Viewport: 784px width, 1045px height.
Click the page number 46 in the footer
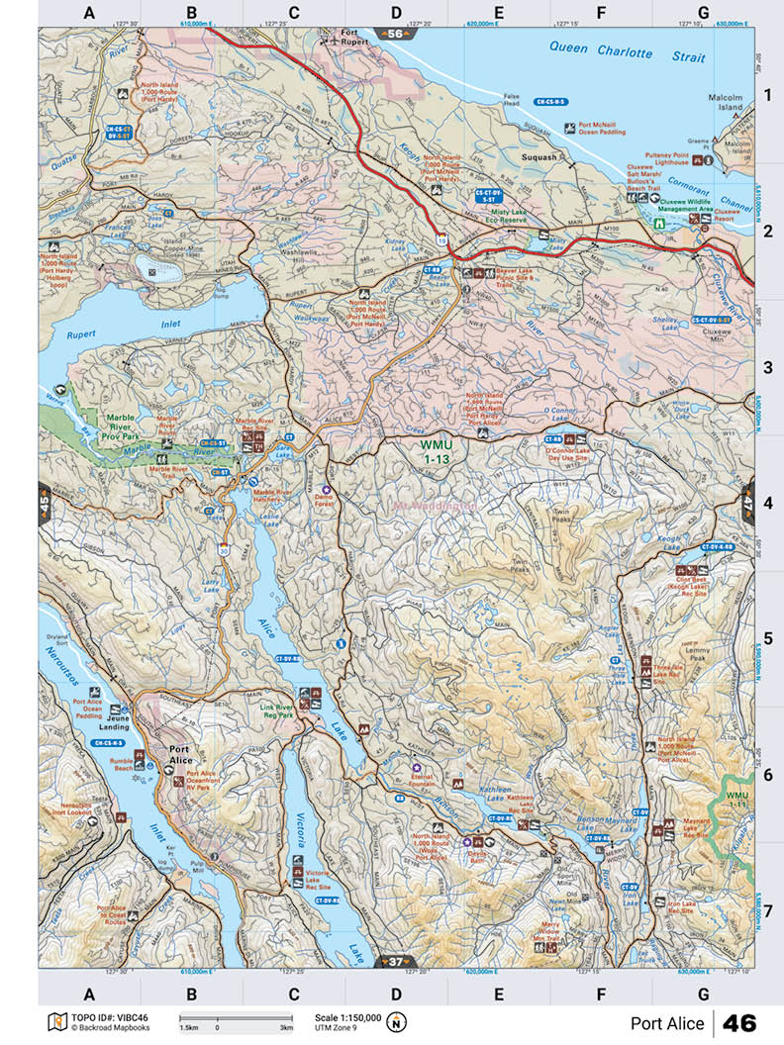(739, 1022)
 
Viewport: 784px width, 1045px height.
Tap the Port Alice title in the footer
(666, 1023)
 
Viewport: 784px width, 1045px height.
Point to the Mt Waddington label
(435, 506)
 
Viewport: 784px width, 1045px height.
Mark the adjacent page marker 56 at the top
(396, 34)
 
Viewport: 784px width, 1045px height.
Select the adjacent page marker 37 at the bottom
(396, 960)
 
